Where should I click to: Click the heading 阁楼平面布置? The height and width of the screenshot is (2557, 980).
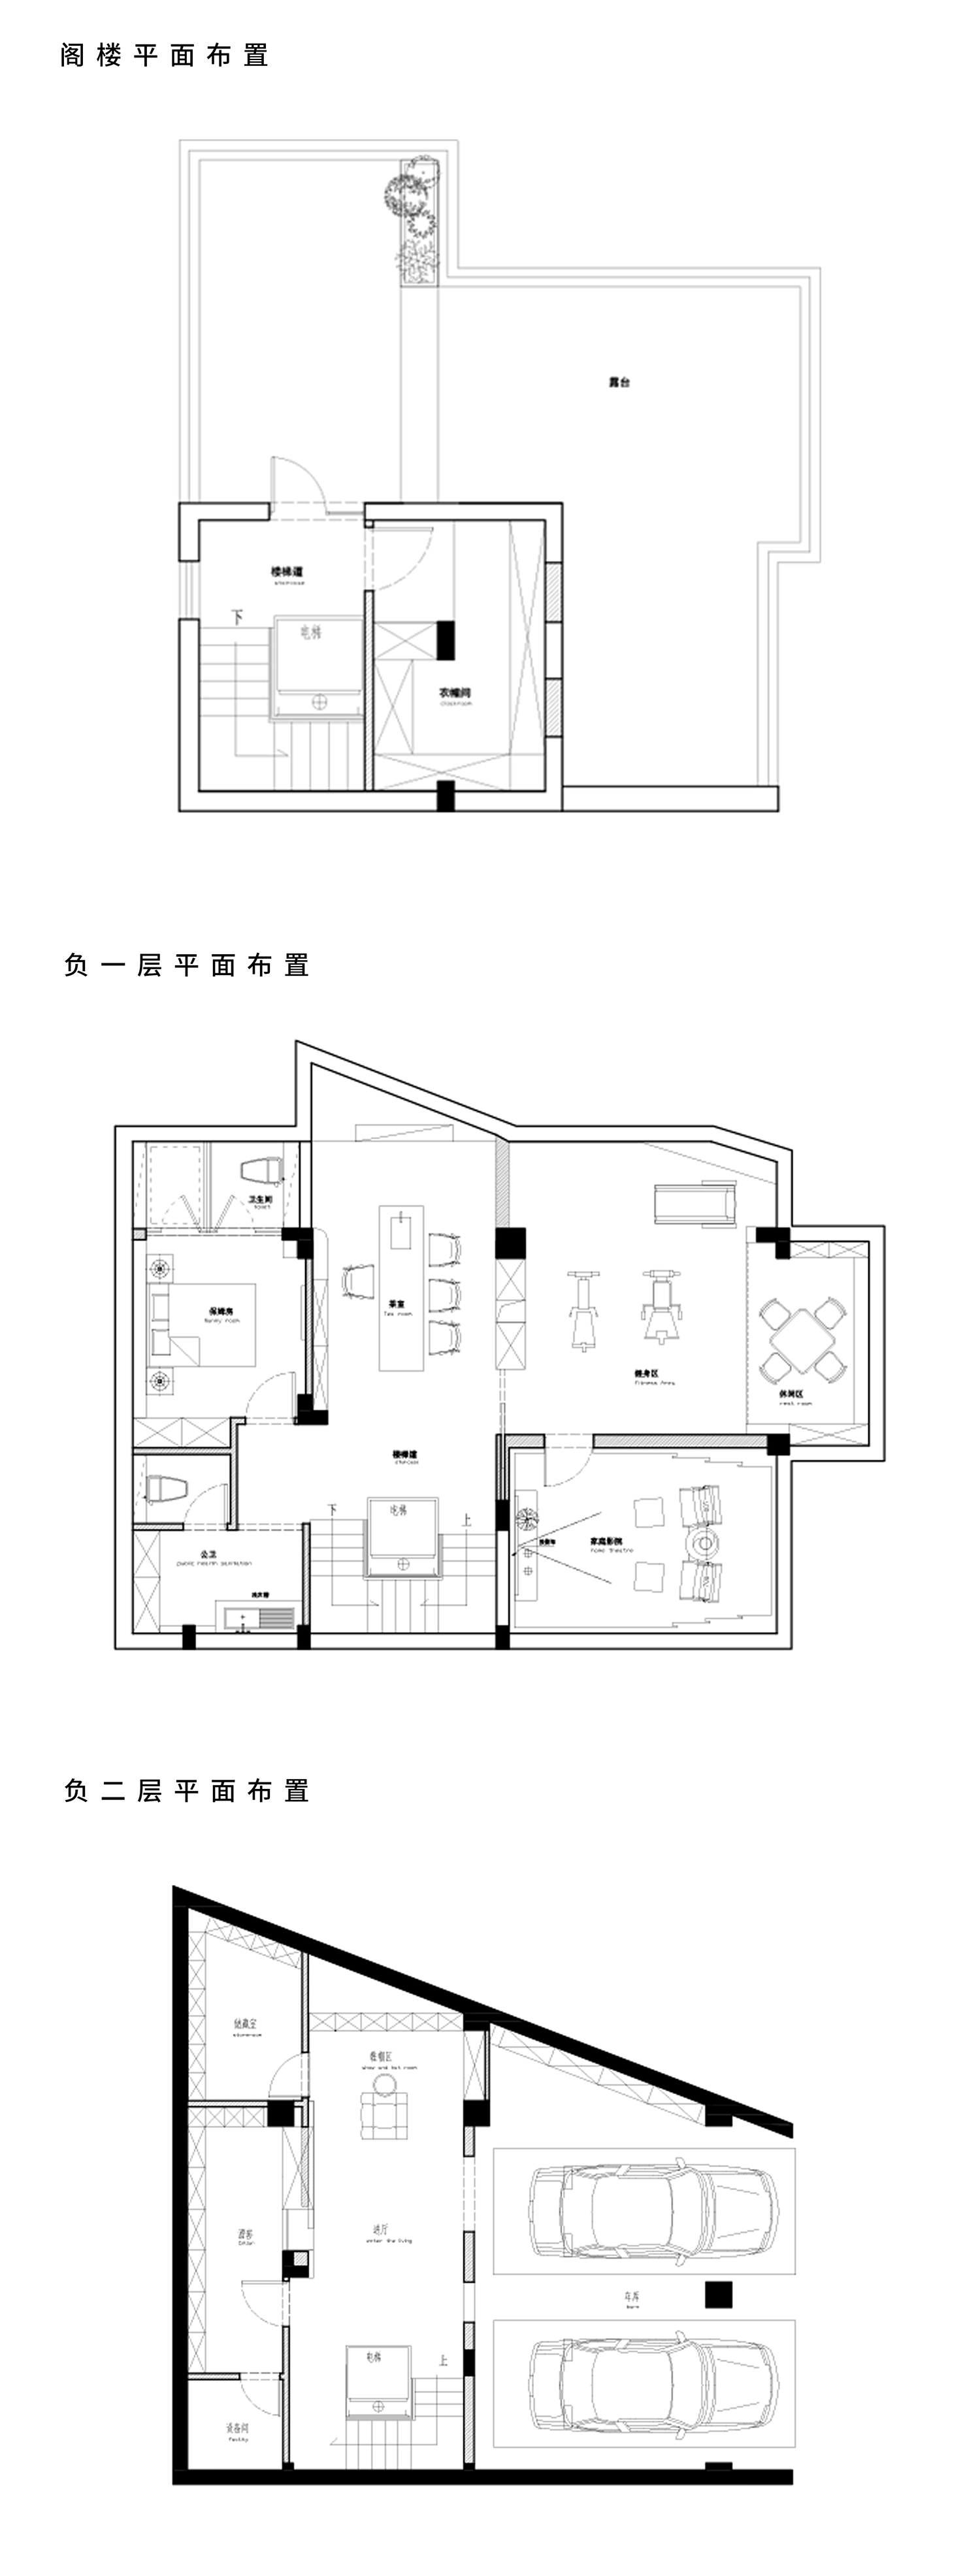pyautogui.click(x=165, y=56)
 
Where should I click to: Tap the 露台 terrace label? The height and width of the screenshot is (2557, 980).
pyautogui.click(x=619, y=381)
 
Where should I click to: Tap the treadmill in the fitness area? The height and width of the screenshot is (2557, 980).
pyautogui.click(x=693, y=1204)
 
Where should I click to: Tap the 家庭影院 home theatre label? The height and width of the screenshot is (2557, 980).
pyautogui.click(x=606, y=1541)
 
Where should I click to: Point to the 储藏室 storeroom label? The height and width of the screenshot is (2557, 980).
pyautogui.click(x=245, y=2023)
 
